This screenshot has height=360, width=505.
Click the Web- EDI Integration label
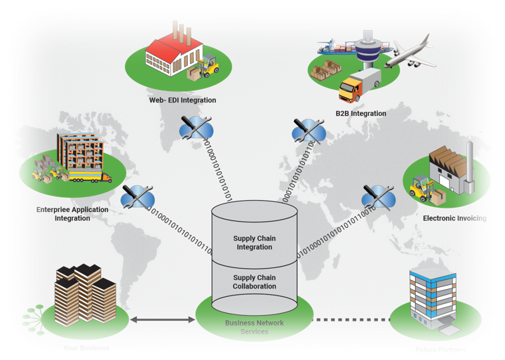coord(182,100)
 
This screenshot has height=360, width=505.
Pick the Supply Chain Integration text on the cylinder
coord(254,243)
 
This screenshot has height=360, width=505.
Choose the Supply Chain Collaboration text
coord(254,281)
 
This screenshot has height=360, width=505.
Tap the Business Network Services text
coord(254,327)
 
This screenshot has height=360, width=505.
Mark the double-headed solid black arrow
coord(162,321)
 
